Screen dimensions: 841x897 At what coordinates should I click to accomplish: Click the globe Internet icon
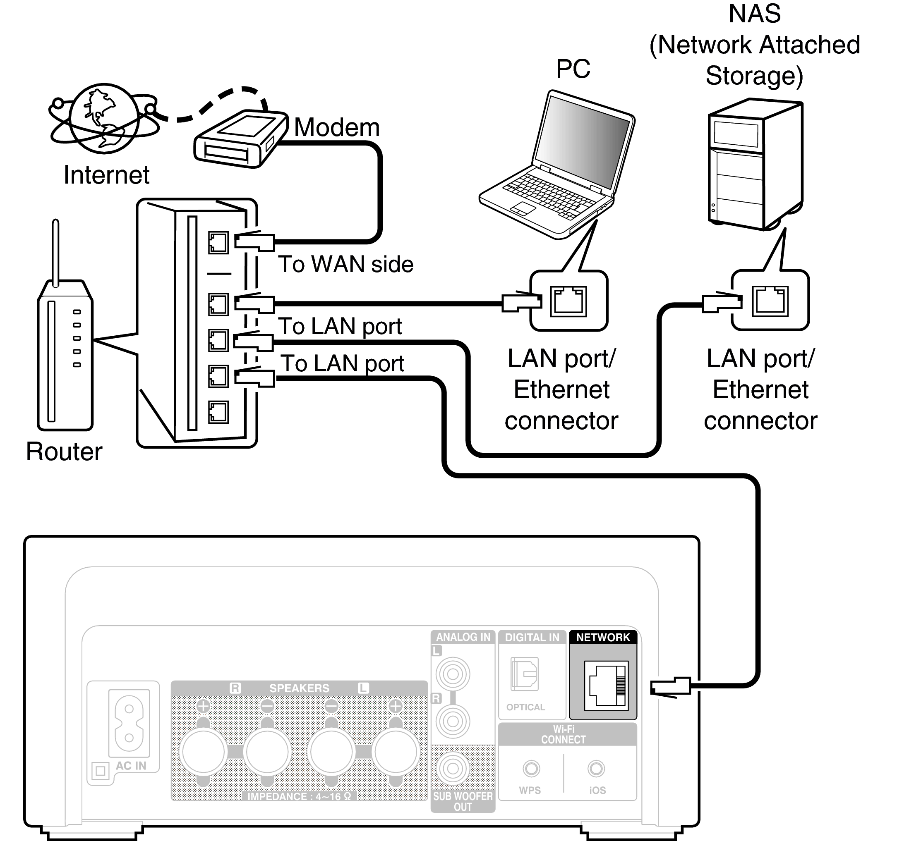pyautogui.click(x=104, y=118)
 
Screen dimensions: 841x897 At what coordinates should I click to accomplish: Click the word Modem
pyautogui.click(x=337, y=128)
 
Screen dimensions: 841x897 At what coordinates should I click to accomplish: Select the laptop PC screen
pyautogui.click(x=583, y=139)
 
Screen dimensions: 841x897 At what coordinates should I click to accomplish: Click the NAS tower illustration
pyautogui.click(x=754, y=164)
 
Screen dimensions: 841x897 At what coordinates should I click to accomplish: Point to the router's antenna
pyautogui.click(x=55, y=253)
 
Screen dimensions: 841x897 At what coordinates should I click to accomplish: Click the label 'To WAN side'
pyautogui.click(x=345, y=264)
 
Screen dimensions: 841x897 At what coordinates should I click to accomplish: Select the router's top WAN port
pyautogui.click(x=218, y=243)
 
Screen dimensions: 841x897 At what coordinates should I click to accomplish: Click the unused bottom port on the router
pyautogui.click(x=218, y=412)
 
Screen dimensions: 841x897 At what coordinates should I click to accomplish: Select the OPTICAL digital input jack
pyautogui.click(x=524, y=674)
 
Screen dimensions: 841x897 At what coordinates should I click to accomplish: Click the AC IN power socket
pyautogui.click(x=129, y=723)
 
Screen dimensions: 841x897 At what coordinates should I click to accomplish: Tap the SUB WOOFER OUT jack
pyautogui.click(x=453, y=769)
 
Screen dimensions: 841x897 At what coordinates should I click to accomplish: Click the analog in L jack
pyautogui.click(x=453, y=675)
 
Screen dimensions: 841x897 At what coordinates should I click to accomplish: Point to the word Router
pyautogui.click(x=64, y=452)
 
